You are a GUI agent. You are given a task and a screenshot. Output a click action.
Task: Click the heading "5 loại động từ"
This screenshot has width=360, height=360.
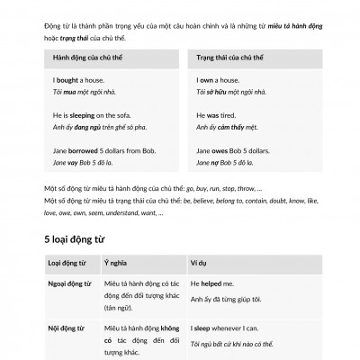click(x=78, y=238)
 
